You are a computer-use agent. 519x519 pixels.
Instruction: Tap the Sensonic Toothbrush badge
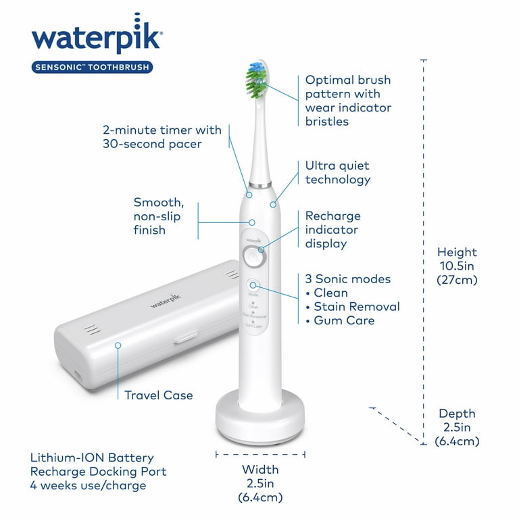point(91,67)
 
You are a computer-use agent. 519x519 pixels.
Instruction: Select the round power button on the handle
point(253,257)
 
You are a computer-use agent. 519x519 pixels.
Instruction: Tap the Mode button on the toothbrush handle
point(253,286)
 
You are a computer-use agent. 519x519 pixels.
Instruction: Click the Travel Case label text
point(158,395)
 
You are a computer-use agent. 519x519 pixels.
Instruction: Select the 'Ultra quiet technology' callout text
point(338,172)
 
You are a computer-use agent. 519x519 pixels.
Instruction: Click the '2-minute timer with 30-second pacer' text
point(162,137)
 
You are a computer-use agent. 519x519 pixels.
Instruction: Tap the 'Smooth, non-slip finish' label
point(158,216)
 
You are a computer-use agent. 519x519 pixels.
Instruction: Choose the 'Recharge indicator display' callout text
point(333,230)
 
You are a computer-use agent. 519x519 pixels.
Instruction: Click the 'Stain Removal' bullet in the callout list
point(356,307)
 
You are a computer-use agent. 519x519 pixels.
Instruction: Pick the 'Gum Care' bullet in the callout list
point(344,320)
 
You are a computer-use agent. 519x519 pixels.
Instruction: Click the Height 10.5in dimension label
point(457,265)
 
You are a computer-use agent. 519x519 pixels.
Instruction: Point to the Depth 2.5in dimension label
point(457,427)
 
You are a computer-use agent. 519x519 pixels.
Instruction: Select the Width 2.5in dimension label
point(260,483)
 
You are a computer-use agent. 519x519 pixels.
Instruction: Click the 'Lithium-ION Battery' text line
point(93,458)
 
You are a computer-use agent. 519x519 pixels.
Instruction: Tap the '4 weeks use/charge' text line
point(89,485)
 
